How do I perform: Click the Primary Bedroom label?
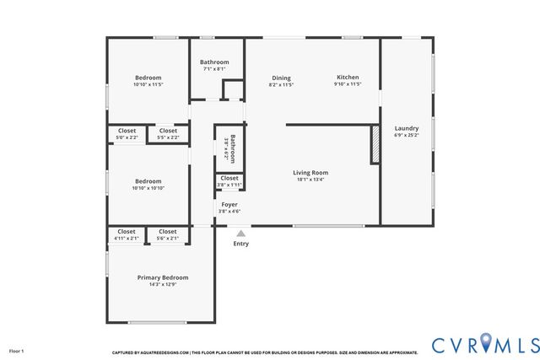(163, 277)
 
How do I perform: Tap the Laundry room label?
(406, 128)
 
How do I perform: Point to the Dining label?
(281, 77)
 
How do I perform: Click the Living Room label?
(310, 173)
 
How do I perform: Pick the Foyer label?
(229, 205)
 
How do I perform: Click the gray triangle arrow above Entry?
(240, 234)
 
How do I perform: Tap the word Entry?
(240, 244)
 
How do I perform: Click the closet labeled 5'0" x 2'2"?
(127, 133)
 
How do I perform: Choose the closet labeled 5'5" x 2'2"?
(168, 133)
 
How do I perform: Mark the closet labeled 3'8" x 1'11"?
(229, 180)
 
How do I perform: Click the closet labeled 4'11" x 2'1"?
(127, 234)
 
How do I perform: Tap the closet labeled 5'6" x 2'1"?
(168, 234)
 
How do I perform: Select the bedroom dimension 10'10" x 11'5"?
(148, 85)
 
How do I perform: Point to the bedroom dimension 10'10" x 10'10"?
(148, 188)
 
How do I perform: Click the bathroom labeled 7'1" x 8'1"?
(214, 65)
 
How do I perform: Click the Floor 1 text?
(17, 350)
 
